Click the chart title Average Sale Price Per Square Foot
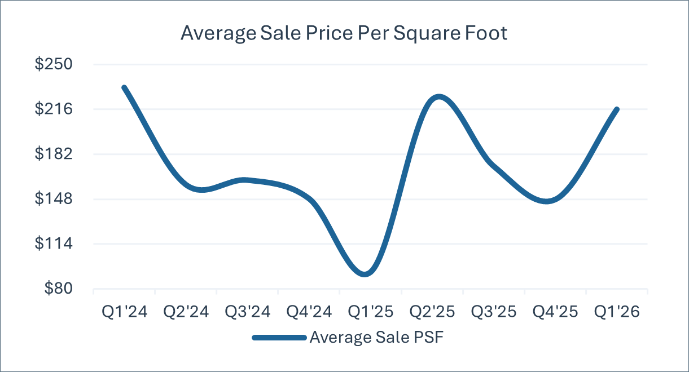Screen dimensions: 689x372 pyautogui.click(x=344, y=33)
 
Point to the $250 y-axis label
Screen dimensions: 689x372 pyautogui.click(x=54, y=64)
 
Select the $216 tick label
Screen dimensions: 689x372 pyautogui.click(x=54, y=109)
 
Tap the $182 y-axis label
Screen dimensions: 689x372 pyautogui.click(x=54, y=154)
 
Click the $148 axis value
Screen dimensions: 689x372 pyautogui.click(x=54, y=198)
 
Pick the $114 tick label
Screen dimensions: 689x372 pyautogui.click(x=54, y=243)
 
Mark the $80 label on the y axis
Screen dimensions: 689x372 pyautogui.click(x=59, y=288)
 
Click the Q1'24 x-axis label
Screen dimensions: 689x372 pyautogui.click(x=125, y=312)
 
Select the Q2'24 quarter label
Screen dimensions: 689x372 pyautogui.click(x=186, y=312)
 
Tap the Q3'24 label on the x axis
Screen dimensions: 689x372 pyautogui.click(x=248, y=312)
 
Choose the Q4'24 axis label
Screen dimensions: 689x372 pyautogui.click(x=309, y=312)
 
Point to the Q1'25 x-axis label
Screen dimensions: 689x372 pyautogui.click(x=371, y=312)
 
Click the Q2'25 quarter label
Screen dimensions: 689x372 pyautogui.click(x=432, y=312)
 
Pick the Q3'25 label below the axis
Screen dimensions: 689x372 pyautogui.click(x=494, y=312)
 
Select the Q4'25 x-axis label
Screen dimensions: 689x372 pyautogui.click(x=555, y=312)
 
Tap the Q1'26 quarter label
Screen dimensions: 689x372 pyautogui.click(x=617, y=312)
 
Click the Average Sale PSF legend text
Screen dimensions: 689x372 pyautogui.click(x=377, y=337)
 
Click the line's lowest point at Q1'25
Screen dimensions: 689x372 pyautogui.click(x=365, y=274)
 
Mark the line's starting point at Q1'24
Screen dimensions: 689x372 pyautogui.click(x=124, y=87)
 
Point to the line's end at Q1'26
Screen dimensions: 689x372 pyautogui.click(x=617, y=109)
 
